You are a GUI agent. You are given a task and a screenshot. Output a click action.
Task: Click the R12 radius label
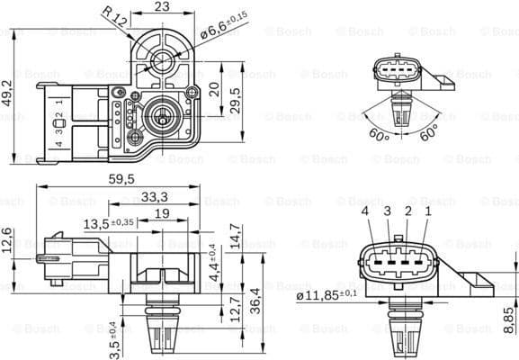pos(113,15)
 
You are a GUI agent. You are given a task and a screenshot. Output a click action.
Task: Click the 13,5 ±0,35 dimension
pos(109,222)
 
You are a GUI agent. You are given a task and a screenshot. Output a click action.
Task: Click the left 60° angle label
pos(379,136)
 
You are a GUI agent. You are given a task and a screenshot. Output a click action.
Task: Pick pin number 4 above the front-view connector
pos(365,211)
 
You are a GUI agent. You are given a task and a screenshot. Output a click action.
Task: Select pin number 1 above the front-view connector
pos(428,211)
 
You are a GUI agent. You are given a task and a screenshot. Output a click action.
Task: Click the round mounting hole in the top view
pos(163,62)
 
